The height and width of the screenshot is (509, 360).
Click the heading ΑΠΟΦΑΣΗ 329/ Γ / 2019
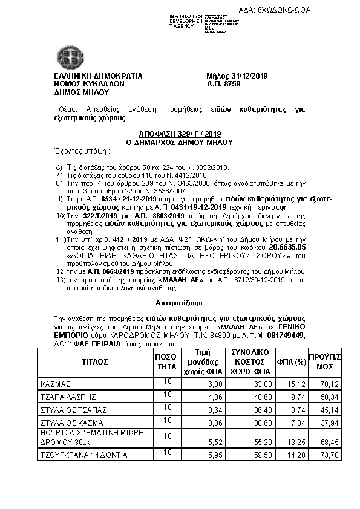[x=179, y=135]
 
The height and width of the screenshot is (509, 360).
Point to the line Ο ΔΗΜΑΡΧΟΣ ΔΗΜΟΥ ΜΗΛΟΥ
[x=179, y=143]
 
